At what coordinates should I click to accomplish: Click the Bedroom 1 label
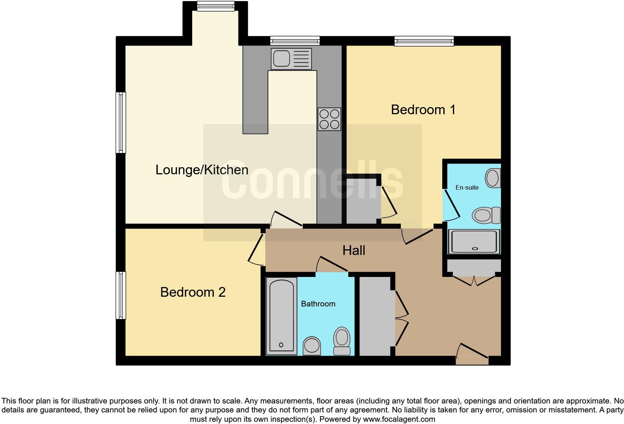[x=423, y=110]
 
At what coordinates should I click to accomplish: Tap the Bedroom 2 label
[x=193, y=292]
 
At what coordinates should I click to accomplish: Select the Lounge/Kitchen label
[x=202, y=170]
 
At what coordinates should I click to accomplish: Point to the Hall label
[x=354, y=250]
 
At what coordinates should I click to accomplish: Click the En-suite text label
[x=467, y=187]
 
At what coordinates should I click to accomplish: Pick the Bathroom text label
[x=318, y=304]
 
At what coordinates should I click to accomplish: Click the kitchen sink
[x=291, y=59]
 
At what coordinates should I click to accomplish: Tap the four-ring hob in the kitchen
[x=329, y=119]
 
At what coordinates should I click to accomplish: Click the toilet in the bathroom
[x=341, y=341]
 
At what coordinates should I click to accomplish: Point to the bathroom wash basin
[x=312, y=346]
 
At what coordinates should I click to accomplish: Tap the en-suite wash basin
[x=493, y=178]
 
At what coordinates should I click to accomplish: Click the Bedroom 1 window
[x=424, y=41]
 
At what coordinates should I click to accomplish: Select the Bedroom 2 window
[x=121, y=295]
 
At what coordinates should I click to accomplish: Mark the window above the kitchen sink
[x=295, y=40]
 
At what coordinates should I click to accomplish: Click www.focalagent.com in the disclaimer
[x=399, y=419]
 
